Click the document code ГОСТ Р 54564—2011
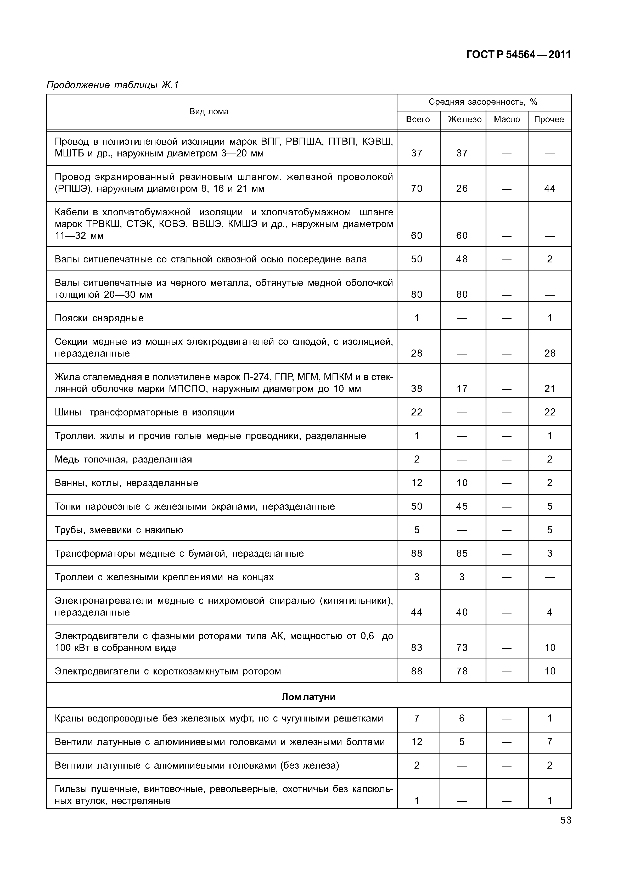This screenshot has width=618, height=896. point(519,55)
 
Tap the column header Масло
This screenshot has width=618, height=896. point(507,119)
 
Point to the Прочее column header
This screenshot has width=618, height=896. point(549,119)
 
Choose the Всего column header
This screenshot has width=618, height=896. point(418,119)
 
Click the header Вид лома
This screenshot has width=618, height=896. point(209,111)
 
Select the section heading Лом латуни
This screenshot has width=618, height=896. point(308,697)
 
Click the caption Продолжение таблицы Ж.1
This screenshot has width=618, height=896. point(112,85)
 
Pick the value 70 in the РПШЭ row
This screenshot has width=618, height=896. point(417,189)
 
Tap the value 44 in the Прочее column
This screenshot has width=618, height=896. point(549,189)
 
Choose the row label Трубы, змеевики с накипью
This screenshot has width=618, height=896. point(119,530)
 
